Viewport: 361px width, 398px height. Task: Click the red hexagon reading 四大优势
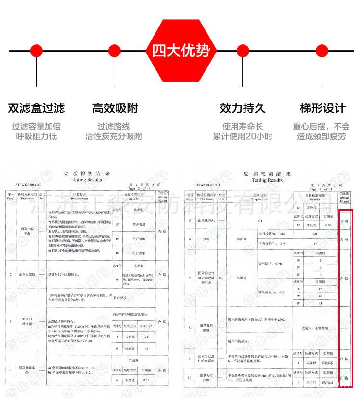181,50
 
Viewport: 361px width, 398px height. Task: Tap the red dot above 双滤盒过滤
36,51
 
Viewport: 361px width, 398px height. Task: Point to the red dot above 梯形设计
322,51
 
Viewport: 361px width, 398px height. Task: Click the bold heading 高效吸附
114,108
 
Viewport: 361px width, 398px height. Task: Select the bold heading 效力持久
243,108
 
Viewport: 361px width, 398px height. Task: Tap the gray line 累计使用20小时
243,136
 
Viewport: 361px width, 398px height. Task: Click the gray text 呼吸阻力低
36,136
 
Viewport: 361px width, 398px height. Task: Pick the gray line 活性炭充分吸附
114,136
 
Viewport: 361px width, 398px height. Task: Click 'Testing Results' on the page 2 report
87,179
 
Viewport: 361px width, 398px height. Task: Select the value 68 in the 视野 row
315,234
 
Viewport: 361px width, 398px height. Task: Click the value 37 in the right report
315,244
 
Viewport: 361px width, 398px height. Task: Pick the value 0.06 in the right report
328,225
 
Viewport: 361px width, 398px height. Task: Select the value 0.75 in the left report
146,380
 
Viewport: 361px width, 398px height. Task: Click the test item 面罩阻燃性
27,274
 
